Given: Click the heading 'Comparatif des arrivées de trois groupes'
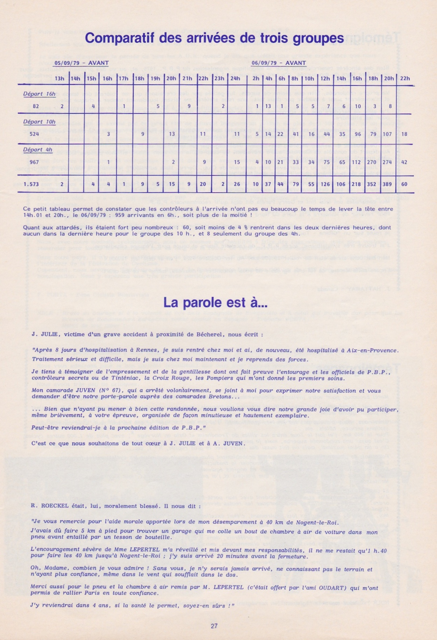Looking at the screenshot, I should coord(214,38).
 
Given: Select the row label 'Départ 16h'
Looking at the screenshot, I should coord(39,94).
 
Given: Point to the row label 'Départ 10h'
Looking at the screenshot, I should coord(39,122).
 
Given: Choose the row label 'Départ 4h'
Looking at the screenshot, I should coord(38,150).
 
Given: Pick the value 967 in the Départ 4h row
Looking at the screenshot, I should coord(34,162).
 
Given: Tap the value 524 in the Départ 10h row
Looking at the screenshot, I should coord(34,134).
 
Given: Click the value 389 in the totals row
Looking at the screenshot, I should coord(387,184).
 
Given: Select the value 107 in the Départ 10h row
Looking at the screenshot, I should coord(387,134).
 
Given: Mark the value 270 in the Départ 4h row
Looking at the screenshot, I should coord(372,162).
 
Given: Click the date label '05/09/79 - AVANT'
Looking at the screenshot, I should coord(81,63).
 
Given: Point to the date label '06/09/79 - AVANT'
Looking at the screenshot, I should coord(279,63).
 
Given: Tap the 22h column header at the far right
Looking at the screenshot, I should coord(404,78).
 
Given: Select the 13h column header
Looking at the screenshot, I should coord(59,78).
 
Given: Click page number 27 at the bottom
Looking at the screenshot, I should coord(214,626).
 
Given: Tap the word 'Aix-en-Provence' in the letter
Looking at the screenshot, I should coord(375,350).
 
